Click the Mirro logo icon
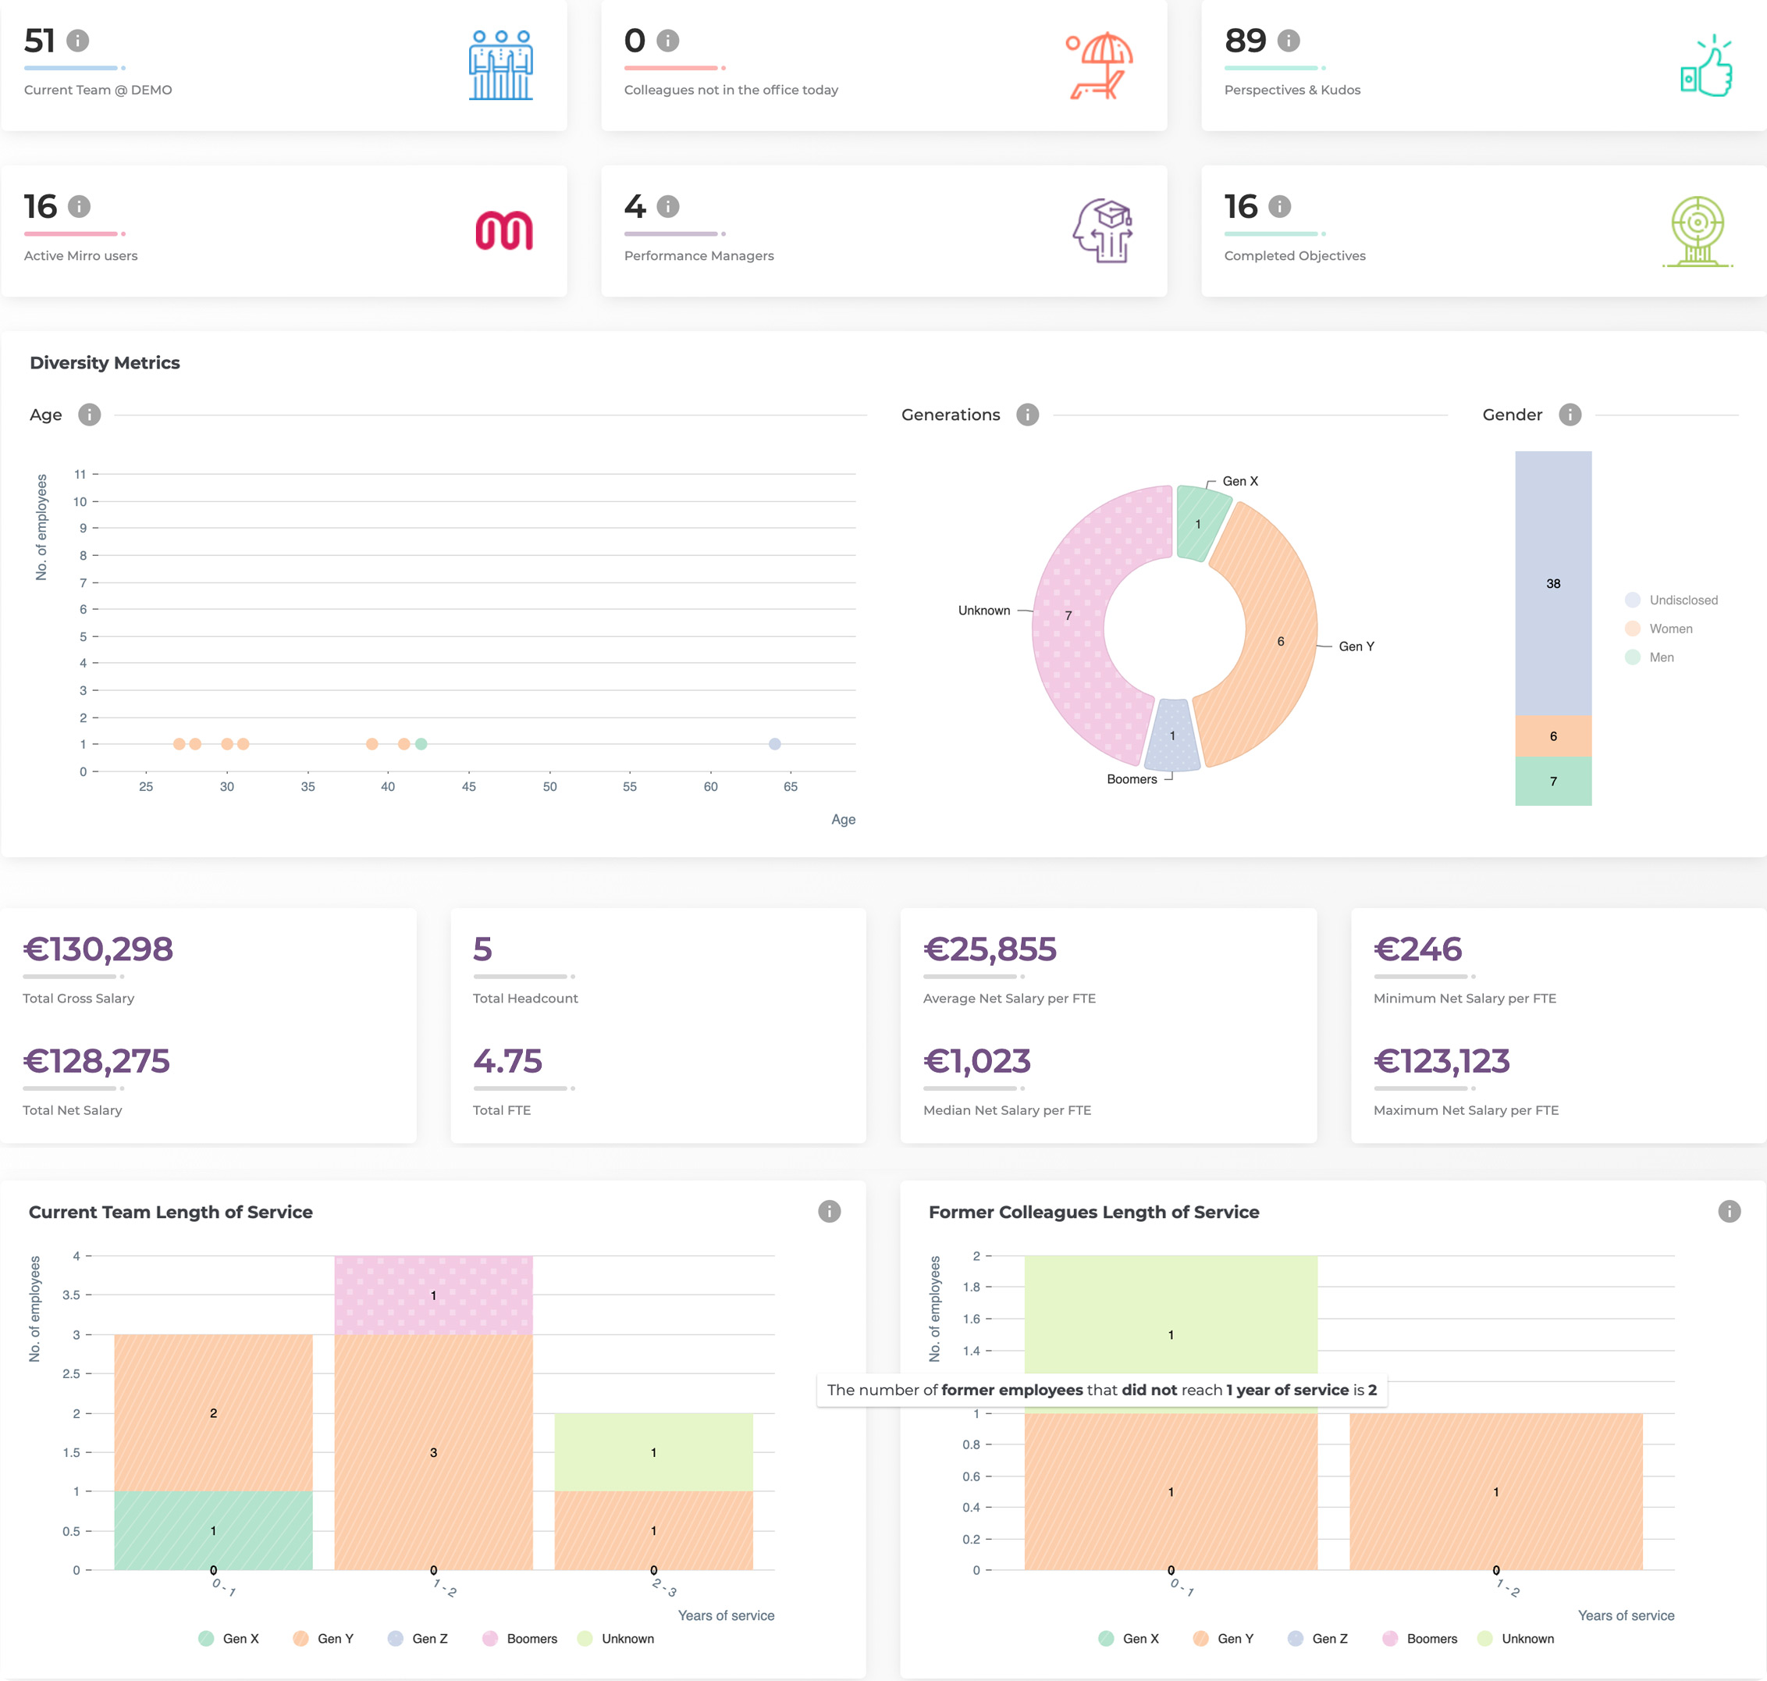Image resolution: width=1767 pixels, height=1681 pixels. (503, 230)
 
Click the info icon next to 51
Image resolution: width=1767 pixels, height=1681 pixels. (78, 41)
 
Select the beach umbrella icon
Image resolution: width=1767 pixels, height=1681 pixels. (1100, 66)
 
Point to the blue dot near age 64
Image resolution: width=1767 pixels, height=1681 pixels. (775, 744)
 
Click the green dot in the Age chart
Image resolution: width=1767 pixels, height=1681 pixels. (421, 744)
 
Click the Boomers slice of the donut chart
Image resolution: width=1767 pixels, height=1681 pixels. (1172, 735)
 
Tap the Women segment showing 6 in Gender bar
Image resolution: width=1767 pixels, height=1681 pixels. (1553, 735)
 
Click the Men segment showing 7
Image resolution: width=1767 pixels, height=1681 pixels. (1553, 782)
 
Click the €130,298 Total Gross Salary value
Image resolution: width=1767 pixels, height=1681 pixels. (98, 949)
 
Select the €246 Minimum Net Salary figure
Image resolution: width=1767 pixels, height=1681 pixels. (1417, 949)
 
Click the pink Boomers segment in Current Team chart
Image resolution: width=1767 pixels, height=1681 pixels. (433, 1295)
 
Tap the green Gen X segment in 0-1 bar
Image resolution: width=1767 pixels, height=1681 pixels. (213, 1530)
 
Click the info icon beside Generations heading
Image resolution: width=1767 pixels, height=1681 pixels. (1027, 415)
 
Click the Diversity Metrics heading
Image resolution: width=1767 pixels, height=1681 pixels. (105, 363)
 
